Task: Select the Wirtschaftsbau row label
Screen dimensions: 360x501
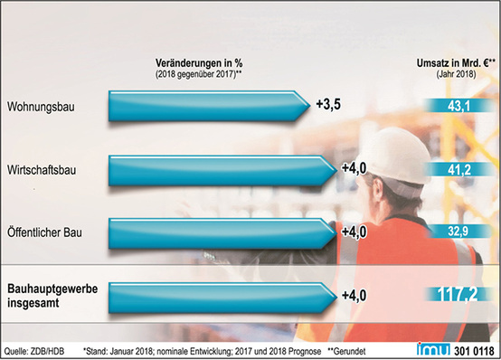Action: (43, 168)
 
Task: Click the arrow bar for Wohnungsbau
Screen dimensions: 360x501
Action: (208, 106)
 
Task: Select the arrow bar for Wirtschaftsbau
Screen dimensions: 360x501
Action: (222, 169)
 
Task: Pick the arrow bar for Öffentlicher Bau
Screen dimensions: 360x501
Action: (222, 232)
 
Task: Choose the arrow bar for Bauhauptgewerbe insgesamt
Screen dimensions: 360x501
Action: (222, 295)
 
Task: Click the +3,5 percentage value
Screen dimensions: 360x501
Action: (329, 105)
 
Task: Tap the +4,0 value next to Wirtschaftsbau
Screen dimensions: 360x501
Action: (355, 169)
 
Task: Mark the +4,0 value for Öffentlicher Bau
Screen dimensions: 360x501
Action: (355, 232)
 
